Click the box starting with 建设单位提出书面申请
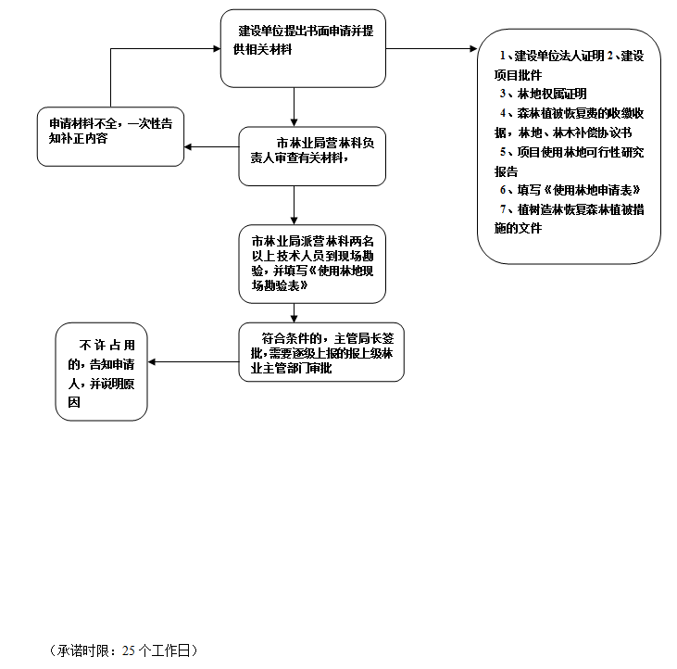point(303,48)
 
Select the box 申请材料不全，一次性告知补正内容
point(110,136)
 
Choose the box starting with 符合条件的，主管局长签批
point(320,352)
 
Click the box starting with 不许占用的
point(102,372)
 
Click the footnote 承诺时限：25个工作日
point(122,650)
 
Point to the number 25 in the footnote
point(129,650)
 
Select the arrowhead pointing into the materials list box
point(471,48)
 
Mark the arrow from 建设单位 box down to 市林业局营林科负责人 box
point(294,107)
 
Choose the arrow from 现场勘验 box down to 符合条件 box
point(294,312)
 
